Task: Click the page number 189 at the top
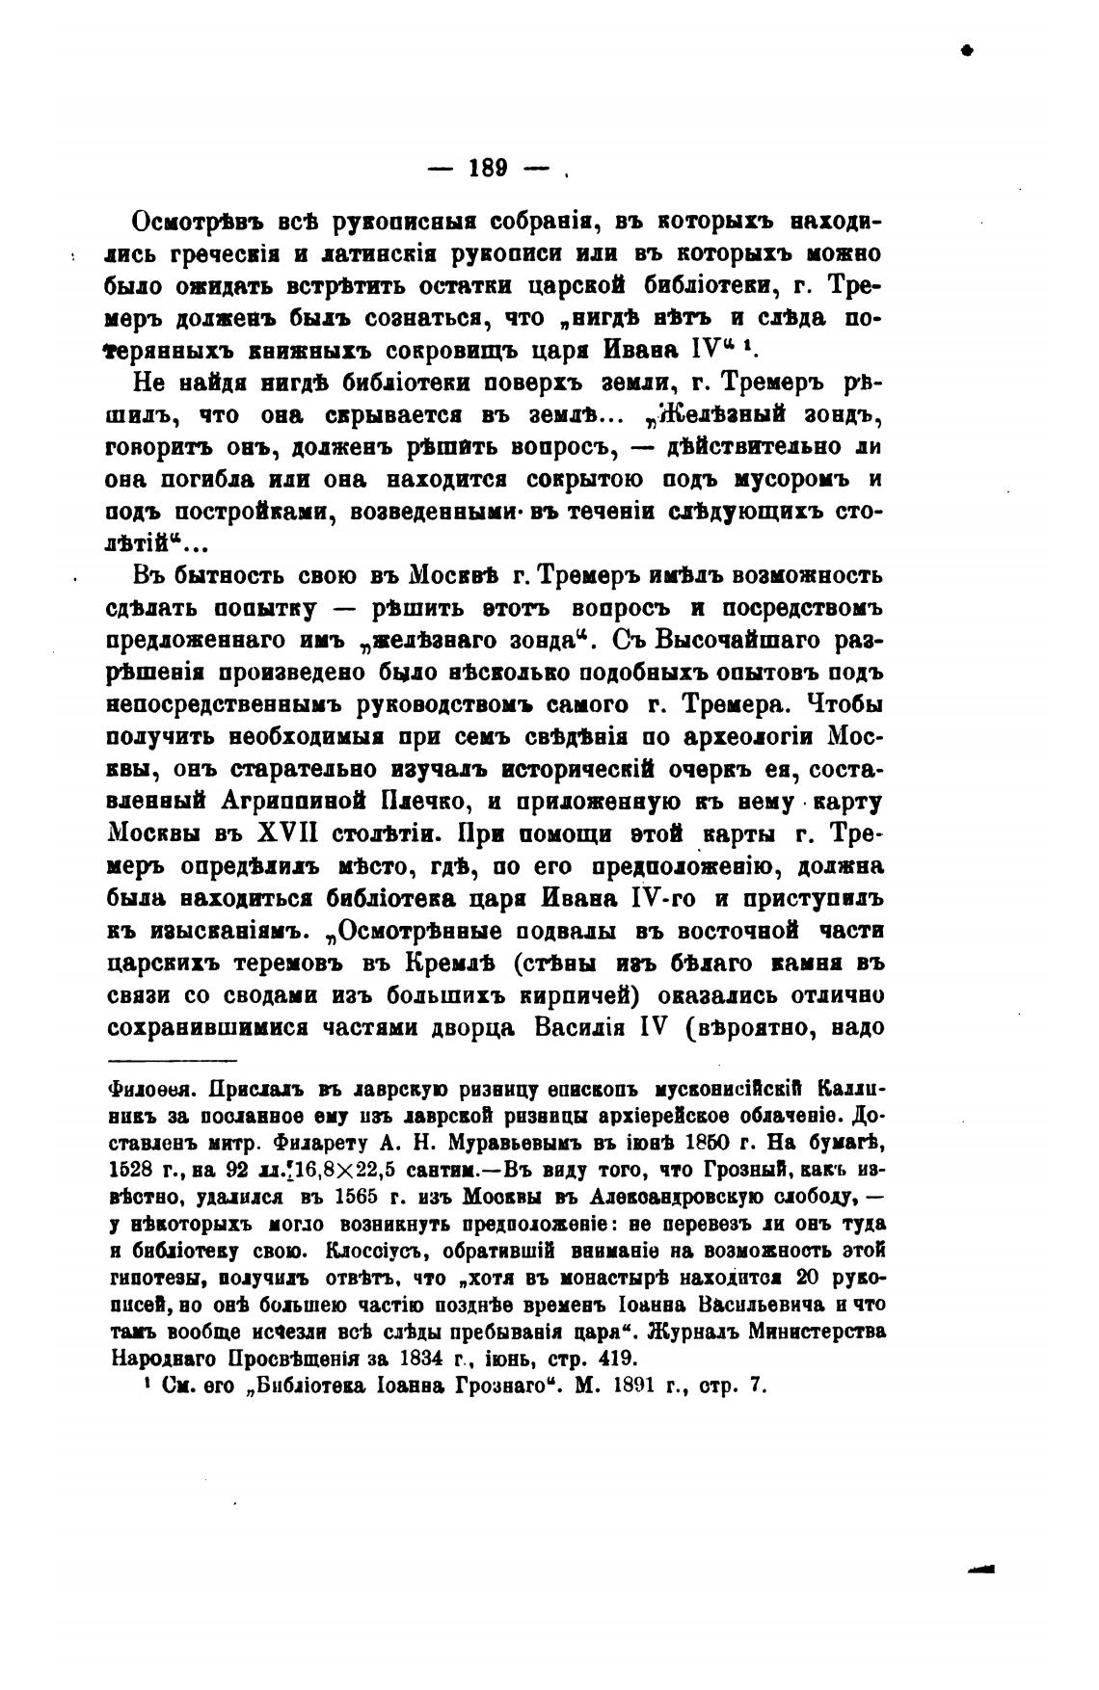click(x=488, y=167)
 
